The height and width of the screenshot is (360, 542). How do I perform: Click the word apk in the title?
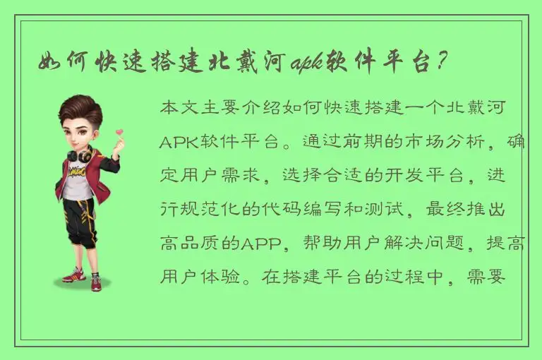click(x=304, y=63)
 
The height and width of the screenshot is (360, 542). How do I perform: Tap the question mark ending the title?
click(x=440, y=63)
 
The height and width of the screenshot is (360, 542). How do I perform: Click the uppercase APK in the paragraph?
click(x=181, y=143)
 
